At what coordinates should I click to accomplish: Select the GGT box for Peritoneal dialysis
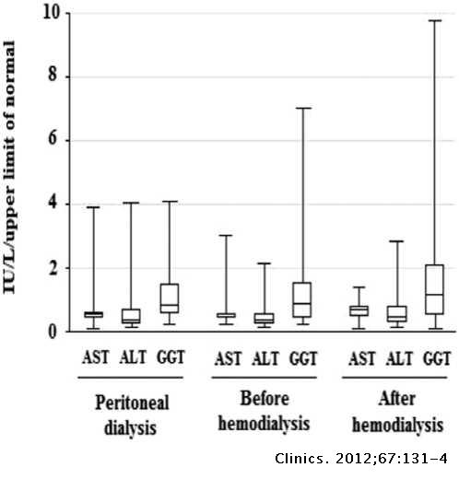point(170,298)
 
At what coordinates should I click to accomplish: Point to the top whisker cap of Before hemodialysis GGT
point(302,108)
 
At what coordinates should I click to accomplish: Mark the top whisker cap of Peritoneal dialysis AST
point(93,207)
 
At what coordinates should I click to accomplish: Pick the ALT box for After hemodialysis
point(396,314)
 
